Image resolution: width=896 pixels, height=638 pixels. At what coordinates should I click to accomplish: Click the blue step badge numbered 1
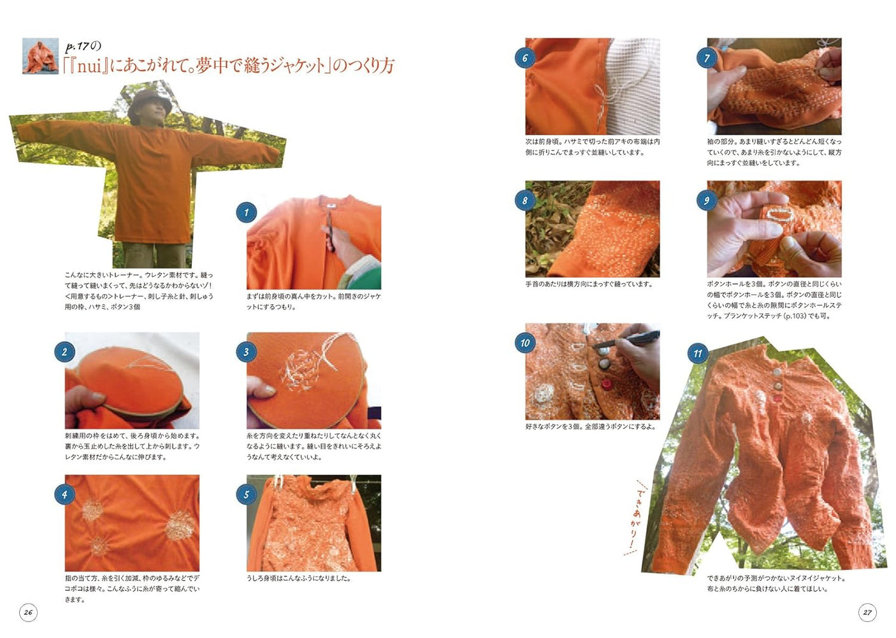246,212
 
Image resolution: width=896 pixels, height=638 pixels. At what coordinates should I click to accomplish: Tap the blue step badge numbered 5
246,494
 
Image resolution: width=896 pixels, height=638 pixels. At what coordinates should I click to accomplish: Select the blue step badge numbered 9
706,200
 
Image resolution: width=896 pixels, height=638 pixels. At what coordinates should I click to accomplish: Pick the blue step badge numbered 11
698,353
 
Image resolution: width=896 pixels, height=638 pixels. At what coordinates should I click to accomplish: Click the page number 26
28,612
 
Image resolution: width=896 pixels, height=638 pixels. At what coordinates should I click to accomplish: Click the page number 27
867,612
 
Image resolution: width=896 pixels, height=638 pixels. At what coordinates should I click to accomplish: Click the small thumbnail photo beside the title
40,56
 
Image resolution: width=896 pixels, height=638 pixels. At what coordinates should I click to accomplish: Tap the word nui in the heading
89,66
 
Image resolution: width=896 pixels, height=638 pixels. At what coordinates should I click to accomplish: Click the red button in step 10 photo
606,384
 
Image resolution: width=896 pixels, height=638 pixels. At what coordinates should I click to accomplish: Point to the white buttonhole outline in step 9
777,214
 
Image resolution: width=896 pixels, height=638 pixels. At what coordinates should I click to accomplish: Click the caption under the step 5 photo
298,578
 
